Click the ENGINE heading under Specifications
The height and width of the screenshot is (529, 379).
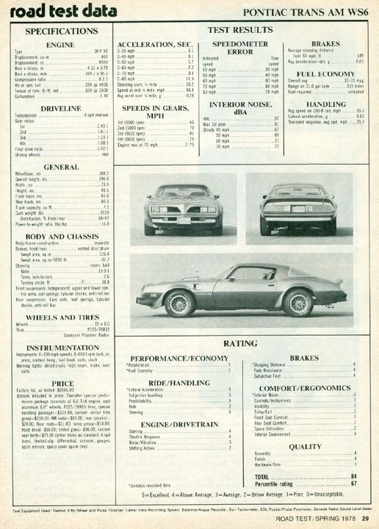(61, 45)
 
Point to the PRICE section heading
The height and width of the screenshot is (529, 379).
(62, 383)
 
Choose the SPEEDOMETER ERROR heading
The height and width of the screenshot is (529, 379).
(229, 48)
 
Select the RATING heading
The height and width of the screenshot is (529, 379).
(239, 343)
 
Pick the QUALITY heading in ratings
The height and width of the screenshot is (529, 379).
(304, 446)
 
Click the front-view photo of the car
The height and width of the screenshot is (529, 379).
(183, 209)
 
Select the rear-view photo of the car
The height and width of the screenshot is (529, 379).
(298, 209)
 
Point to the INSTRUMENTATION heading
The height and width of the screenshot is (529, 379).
(62, 347)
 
